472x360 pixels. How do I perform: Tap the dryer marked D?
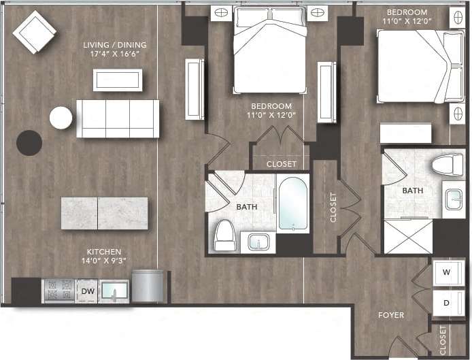point(446,302)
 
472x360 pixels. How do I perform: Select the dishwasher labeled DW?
point(88,291)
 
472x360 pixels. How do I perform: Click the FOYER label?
point(392,315)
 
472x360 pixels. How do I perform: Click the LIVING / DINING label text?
point(114,50)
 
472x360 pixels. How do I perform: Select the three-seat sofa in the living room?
point(118,118)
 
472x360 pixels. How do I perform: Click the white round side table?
point(61,118)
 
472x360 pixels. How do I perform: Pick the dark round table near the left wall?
point(29,142)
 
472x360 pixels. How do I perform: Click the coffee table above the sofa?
point(118,80)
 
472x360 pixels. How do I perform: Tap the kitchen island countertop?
point(105,213)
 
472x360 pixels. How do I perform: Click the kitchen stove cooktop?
point(57,291)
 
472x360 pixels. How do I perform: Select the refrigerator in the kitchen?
point(148,286)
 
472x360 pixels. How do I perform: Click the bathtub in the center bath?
point(293,203)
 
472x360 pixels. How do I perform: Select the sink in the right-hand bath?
point(452,199)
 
